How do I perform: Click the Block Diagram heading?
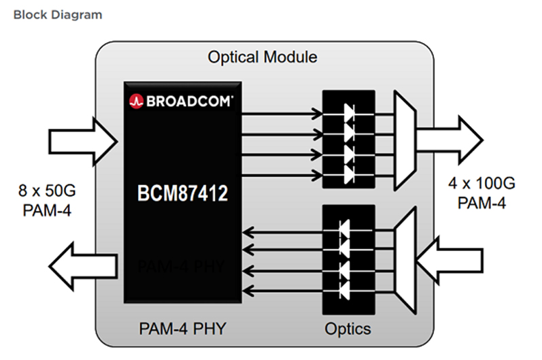pyautogui.click(x=58, y=14)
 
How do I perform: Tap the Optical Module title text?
pyautogui.click(x=262, y=56)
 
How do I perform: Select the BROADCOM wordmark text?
pyautogui.click(x=188, y=101)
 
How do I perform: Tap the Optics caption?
pyautogui.click(x=348, y=329)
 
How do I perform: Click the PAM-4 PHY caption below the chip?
pyautogui.click(x=182, y=329)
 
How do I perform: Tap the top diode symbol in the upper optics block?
pyautogui.click(x=349, y=109)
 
